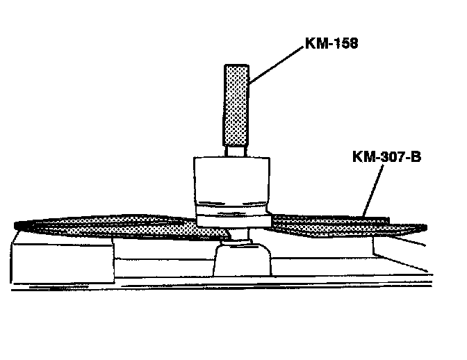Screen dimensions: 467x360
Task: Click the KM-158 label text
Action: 333,43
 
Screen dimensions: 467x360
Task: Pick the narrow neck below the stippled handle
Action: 236,149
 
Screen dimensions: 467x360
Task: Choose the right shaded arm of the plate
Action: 334,223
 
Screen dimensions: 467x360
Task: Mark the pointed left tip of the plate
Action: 18,224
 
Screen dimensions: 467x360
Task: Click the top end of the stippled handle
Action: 236,67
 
